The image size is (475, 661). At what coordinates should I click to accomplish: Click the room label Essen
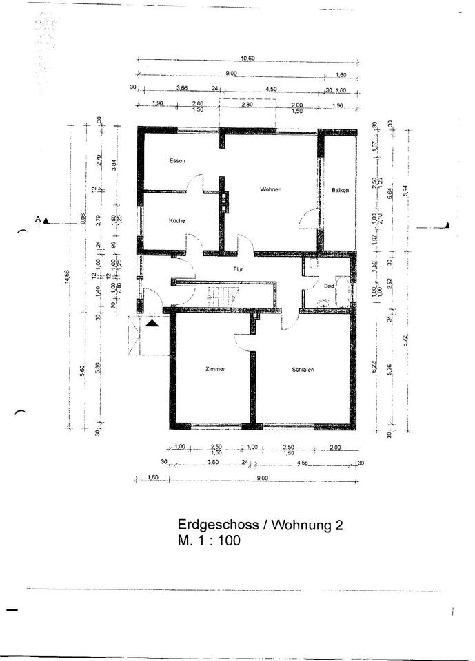178,161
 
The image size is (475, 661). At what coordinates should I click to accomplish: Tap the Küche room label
177,220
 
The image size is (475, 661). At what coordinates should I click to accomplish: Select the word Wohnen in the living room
271,189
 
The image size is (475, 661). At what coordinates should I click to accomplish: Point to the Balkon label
340,190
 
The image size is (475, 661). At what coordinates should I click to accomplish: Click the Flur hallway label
239,270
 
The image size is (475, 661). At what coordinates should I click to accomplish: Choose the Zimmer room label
215,370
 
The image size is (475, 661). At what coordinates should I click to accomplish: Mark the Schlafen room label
303,370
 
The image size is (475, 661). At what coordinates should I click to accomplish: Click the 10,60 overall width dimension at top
247,59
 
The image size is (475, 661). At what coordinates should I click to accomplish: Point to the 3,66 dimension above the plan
182,89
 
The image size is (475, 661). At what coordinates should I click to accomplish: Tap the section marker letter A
38,219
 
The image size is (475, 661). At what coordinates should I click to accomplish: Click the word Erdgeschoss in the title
216,525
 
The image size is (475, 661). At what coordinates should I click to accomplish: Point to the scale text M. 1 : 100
209,541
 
